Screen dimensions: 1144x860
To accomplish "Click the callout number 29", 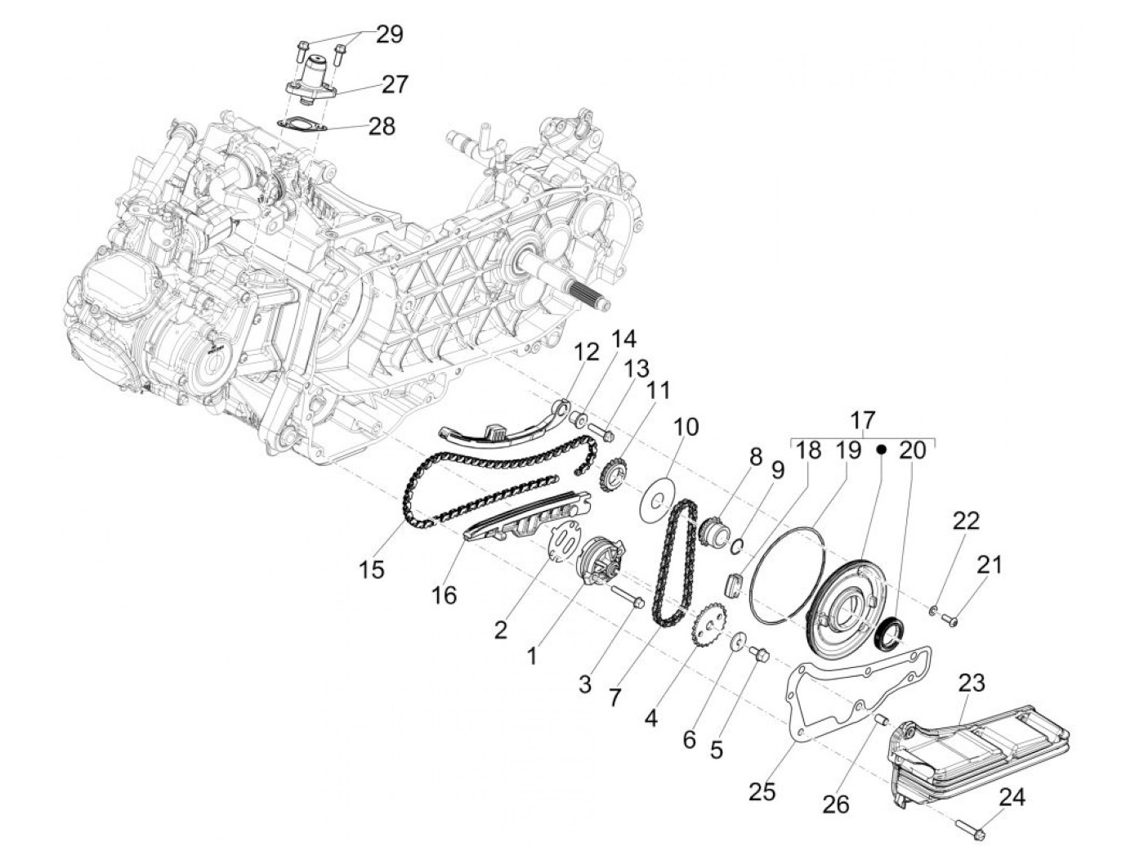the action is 389,35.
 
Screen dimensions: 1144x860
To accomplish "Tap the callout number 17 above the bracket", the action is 863,421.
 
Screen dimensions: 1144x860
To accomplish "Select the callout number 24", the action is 1012,797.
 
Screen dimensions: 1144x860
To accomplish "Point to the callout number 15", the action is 372,570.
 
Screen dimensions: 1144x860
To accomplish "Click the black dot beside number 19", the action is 881,448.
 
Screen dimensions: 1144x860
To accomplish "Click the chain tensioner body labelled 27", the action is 315,78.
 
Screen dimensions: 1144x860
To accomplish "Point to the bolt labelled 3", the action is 627,595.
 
